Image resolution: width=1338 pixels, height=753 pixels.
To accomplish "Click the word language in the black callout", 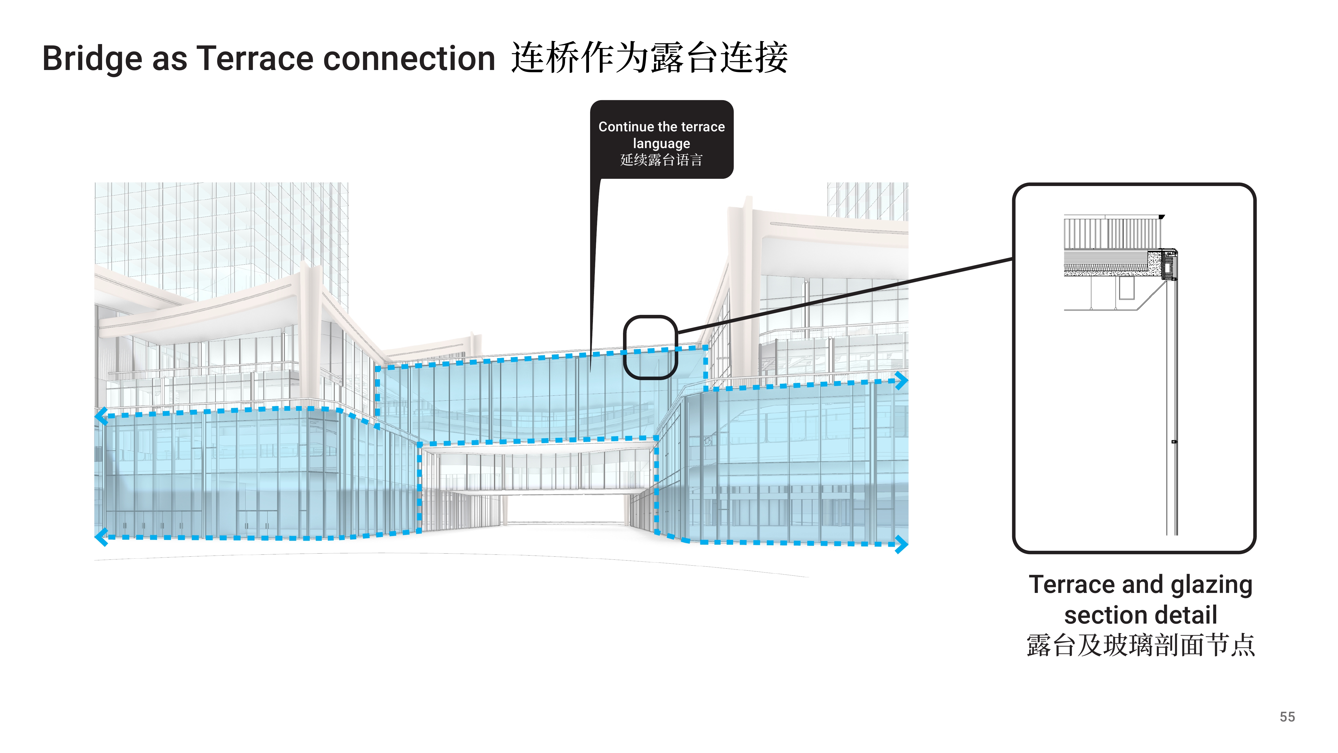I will click(661, 143).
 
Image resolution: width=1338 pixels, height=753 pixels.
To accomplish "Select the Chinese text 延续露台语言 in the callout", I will click(661, 160).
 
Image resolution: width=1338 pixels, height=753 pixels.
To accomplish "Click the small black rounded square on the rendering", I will click(650, 347).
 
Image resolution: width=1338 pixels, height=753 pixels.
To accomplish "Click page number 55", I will click(1287, 717).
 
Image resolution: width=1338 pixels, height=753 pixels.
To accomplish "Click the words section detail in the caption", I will click(1141, 615).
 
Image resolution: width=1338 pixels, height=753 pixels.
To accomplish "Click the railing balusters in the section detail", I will click(1112, 233).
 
